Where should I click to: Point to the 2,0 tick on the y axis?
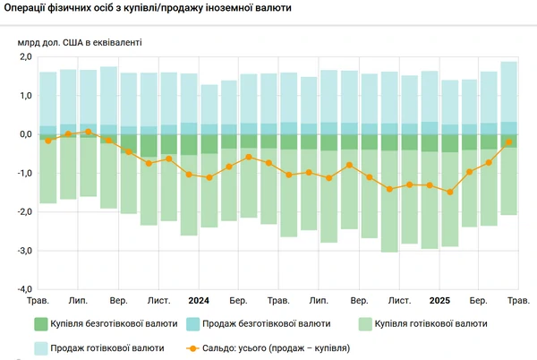pos(24,57)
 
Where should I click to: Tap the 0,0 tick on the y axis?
pos(24,134)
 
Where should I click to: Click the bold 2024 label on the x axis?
pos(199,300)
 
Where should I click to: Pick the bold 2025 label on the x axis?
pos(439,300)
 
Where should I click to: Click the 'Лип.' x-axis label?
pos(78,300)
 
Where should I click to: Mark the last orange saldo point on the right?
pos(508,141)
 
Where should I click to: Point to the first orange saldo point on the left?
pos(48,141)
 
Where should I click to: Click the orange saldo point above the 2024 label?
pos(189,174)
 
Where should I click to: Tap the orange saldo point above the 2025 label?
pos(430,185)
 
